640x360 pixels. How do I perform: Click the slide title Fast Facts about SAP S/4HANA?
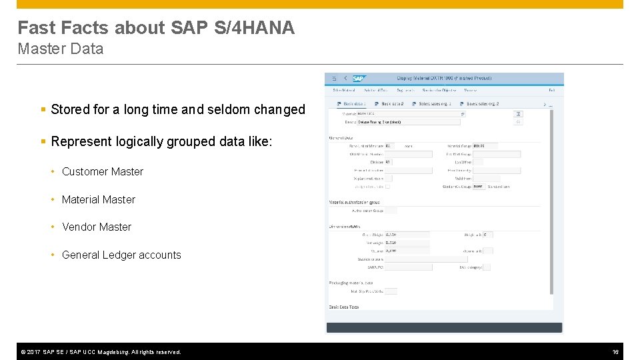pyautogui.click(x=156, y=28)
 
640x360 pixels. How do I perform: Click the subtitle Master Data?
pyautogui.click(x=61, y=49)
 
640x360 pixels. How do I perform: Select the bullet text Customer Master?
pyautogui.click(x=103, y=171)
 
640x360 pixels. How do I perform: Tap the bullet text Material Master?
pyautogui.click(x=99, y=199)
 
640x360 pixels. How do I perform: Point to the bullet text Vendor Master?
pyautogui.click(x=97, y=227)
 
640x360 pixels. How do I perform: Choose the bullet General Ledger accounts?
pyautogui.click(x=121, y=255)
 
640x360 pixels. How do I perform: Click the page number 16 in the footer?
pyautogui.click(x=615, y=351)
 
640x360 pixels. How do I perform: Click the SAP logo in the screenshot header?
pyautogui.click(x=359, y=79)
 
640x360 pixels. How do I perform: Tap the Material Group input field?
pyautogui.click(x=496, y=145)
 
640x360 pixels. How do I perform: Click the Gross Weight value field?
pyautogui.click(x=407, y=235)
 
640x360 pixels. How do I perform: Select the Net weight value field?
pyautogui.click(x=407, y=243)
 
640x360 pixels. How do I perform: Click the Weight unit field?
pyautogui.click(x=488, y=235)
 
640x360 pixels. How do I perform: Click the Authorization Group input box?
pyautogui.click(x=391, y=211)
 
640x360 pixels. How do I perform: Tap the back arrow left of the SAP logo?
pyautogui.click(x=345, y=79)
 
